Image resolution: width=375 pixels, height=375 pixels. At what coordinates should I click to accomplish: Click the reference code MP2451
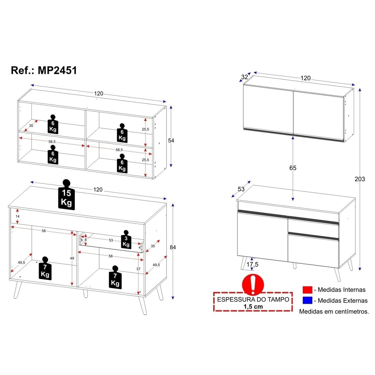click(x=57, y=70)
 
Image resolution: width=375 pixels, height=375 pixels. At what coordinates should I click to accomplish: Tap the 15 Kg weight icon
click(x=66, y=194)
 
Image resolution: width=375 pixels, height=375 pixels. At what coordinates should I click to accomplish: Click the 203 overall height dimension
click(x=360, y=179)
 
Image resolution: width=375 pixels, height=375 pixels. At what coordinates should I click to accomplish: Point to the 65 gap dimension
click(x=293, y=168)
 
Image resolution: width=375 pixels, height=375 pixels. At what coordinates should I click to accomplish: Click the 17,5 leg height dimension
click(x=252, y=264)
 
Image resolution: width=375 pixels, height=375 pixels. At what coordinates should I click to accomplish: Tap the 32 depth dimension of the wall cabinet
click(x=244, y=77)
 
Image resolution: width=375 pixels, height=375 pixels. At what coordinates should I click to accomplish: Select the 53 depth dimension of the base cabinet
click(x=241, y=189)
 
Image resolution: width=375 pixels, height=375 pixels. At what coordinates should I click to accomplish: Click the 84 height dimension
click(x=172, y=247)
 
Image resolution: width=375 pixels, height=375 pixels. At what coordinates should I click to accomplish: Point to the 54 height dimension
click(x=171, y=140)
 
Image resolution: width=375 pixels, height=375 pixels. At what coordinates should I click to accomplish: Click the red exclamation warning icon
click(x=253, y=284)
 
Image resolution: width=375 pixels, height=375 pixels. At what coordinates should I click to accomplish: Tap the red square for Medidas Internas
click(x=307, y=290)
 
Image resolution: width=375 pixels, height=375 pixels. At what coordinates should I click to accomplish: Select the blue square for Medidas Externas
click(x=307, y=300)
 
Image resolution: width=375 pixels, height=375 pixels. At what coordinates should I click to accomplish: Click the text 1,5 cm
click(x=253, y=307)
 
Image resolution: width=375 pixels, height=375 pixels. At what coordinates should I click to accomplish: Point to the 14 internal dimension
click(x=17, y=216)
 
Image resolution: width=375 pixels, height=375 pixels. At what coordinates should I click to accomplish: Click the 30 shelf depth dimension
click(x=31, y=126)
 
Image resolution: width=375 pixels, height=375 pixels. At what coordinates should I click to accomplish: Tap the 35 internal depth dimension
click(x=153, y=246)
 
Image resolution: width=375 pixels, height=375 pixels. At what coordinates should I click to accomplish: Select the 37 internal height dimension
click(x=138, y=269)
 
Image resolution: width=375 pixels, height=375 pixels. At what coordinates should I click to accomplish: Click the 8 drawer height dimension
click(x=86, y=240)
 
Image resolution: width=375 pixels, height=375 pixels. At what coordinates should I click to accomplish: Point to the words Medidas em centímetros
click(x=334, y=311)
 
